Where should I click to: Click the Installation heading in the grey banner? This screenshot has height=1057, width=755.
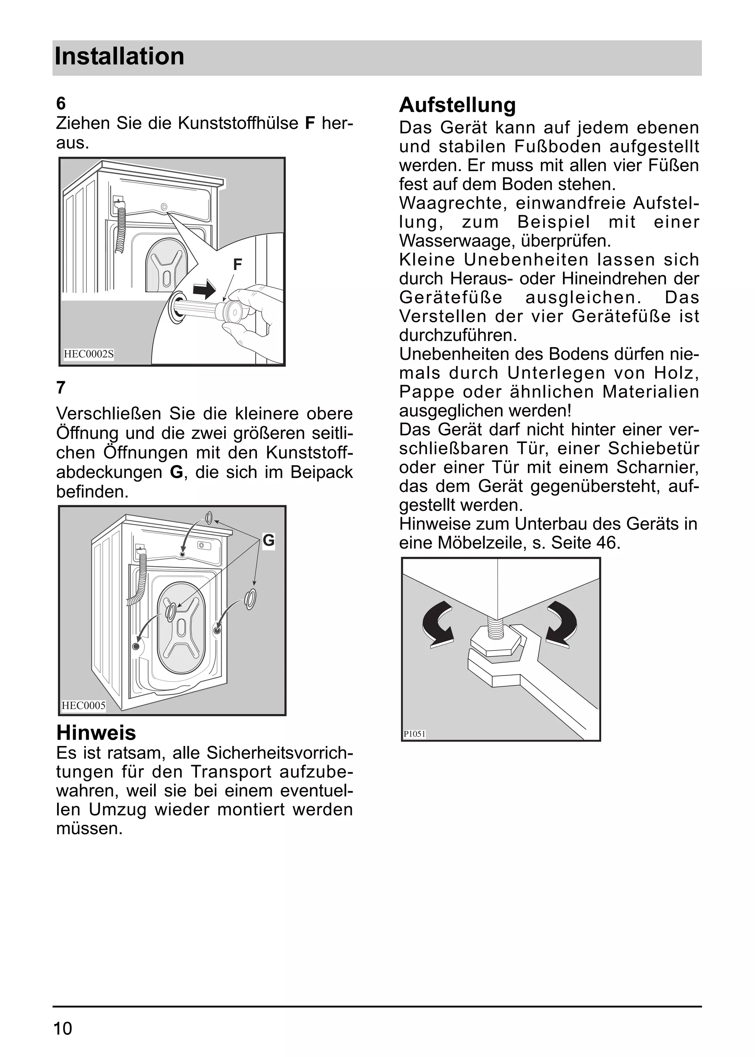click(x=119, y=57)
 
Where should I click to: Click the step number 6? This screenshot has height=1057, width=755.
click(x=61, y=103)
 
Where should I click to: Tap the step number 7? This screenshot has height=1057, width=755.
click(x=61, y=388)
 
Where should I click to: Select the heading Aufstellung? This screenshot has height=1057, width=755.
click(x=457, y=105)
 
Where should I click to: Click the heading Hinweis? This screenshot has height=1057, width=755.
click(x=96, y=733)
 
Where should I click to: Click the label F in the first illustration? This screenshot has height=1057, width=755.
click(x=237, y=265)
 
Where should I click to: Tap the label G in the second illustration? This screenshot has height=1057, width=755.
click(x=268, y=541)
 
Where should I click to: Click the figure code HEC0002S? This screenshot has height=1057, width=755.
click(x=88, y=354)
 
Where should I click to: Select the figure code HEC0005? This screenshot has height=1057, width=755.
click(x=84, y=706)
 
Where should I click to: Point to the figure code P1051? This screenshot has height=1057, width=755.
click(x=414, y=734)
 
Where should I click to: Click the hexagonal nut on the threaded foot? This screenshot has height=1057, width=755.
click(x=495, y=640)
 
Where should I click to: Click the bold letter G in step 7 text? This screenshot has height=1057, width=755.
click(x=177, y=472)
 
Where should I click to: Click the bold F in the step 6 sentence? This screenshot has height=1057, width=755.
click(x=310, y=123)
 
